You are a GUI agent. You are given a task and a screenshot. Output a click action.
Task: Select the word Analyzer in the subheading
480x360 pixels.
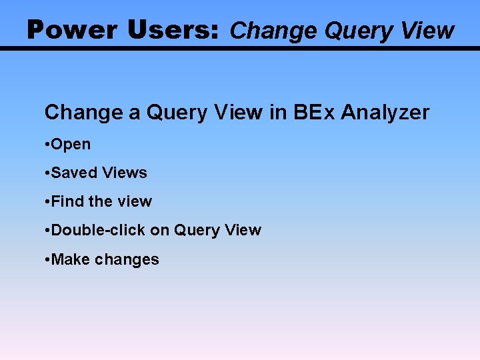coord(385,113)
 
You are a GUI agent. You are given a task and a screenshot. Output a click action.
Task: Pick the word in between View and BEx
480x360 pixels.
coord(277,113)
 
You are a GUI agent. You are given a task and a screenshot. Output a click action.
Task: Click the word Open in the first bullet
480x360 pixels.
coord(71,145)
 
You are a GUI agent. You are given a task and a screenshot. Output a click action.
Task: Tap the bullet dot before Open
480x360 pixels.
coord(47,145)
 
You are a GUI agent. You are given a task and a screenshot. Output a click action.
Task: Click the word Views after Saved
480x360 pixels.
coord(125,173)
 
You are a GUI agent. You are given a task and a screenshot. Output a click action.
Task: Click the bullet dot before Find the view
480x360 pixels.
coord(47,202)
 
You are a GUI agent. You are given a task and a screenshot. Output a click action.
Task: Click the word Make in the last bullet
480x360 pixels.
coord(70,259)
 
